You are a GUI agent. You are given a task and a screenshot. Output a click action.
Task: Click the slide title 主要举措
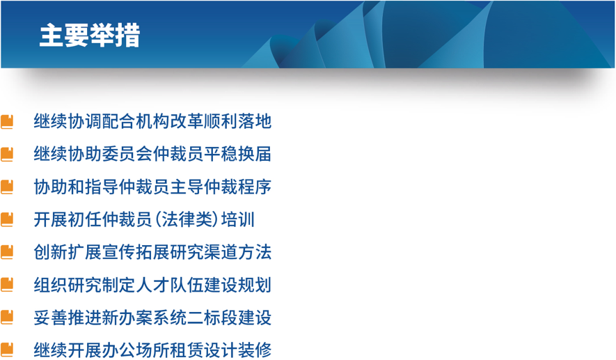pos(90,36)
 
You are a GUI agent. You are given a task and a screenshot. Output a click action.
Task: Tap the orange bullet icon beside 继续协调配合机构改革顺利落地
pos(7,122)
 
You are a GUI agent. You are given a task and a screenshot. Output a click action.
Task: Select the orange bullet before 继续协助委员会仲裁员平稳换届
pos(7,155)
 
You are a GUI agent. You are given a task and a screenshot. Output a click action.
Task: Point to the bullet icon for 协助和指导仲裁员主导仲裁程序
pos(7,187)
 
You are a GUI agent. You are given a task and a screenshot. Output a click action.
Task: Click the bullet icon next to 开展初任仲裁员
pos(7,220)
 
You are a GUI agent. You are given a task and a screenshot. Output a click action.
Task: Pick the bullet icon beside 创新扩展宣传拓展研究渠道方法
pos(7,252)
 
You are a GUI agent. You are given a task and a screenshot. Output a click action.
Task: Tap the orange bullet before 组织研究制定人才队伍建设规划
pos(7,285)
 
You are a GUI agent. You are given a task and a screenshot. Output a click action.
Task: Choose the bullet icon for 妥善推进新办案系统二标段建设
pos(7,318)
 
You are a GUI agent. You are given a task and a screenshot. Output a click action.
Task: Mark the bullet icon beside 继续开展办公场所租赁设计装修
pos(7,350)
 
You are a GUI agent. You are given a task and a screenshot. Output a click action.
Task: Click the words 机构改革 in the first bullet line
pos(170,121)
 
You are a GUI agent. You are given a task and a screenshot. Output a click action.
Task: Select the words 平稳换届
pos(237,154)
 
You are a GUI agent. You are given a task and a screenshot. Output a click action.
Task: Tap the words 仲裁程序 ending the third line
pos(237,187)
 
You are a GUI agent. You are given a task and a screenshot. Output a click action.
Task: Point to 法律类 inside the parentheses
pos(187,219)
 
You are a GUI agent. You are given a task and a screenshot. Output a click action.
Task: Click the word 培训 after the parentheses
pos(238,219)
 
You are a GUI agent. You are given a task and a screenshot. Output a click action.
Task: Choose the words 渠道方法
pos(237,252)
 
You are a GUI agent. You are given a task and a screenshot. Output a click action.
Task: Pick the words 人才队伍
pos(170,285)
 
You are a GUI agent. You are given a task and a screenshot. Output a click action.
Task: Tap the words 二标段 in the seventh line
pos(212,317)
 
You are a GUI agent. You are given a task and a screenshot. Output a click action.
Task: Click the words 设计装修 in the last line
pos(237,350)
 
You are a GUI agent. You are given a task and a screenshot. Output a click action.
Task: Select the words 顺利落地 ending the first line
pos(237,121)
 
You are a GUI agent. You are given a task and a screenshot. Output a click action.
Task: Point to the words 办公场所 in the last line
pos(136,350)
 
